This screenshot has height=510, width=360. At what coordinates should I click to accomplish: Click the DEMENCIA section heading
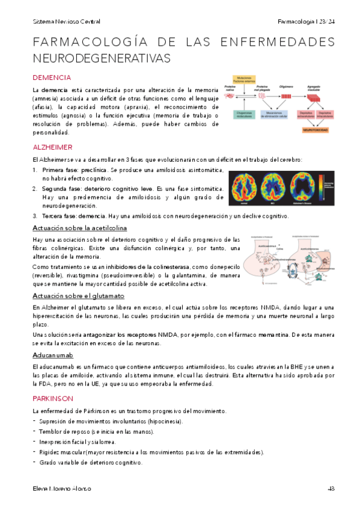coord(52,78)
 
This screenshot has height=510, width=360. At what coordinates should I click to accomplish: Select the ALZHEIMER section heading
coord(53,147)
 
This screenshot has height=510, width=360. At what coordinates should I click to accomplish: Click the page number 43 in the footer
coord(331,488)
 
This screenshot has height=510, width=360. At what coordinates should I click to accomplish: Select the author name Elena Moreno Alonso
coord(62,488)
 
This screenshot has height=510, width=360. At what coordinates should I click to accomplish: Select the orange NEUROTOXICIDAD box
coord(316,129)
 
